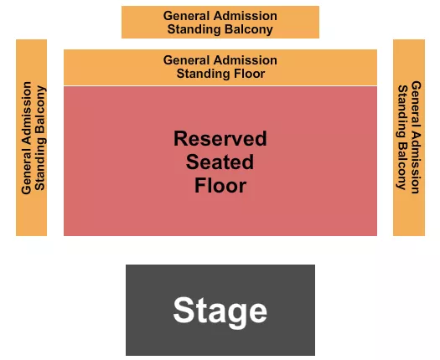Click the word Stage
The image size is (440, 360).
click(220, 311)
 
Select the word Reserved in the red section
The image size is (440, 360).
click(220, 138)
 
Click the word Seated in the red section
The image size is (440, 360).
click(220, 162)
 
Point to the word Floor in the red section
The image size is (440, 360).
click(220, 185)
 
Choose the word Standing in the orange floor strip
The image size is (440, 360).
click(201, 74)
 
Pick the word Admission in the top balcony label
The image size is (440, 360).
click(244, 16)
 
